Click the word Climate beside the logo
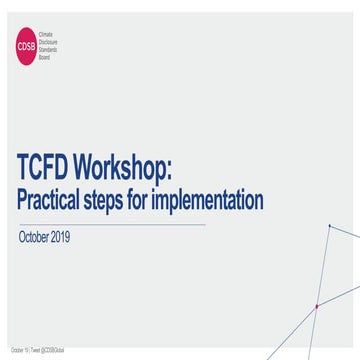[45, 35]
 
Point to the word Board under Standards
[43, 56]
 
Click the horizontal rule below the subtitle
[110, 224]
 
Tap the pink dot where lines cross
[317, 306]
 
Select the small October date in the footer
[18, 351]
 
